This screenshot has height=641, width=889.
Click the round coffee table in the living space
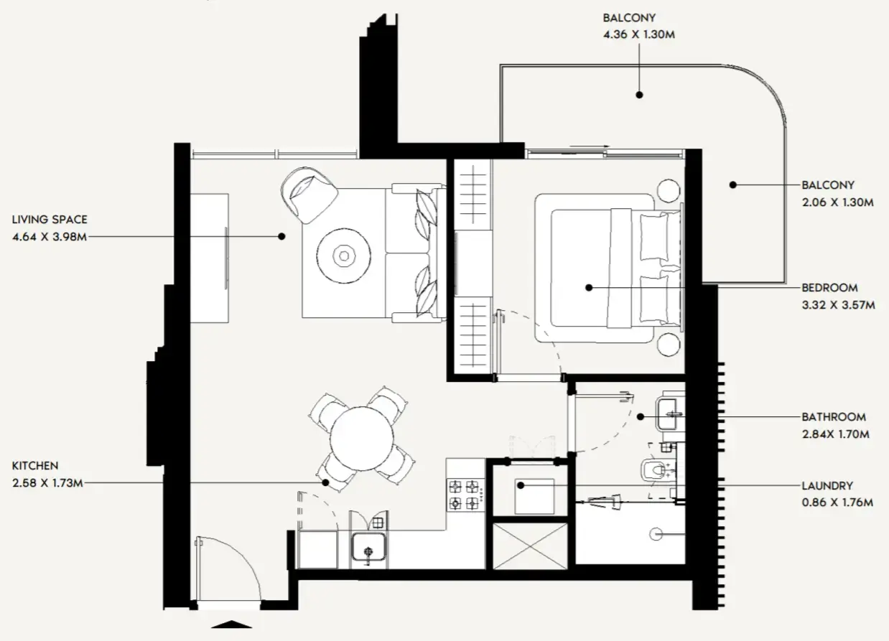coord(344,256)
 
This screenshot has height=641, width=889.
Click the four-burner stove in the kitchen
coord(464,494)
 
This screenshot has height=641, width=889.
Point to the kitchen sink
coord(369,551)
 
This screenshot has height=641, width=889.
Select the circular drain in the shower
coord(654,534)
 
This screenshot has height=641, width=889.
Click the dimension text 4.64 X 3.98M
coord(50,238)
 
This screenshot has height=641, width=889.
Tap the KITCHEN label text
coord(34,466)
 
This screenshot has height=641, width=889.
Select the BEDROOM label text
coord(829,288)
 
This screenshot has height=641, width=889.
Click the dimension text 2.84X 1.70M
coord(835,434)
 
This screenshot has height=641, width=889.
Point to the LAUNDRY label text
coord(827,485)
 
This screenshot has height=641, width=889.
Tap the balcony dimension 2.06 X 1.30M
coord(837,202)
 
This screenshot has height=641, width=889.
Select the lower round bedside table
coord(668,344)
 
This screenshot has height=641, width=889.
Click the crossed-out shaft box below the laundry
coord(531,546)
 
